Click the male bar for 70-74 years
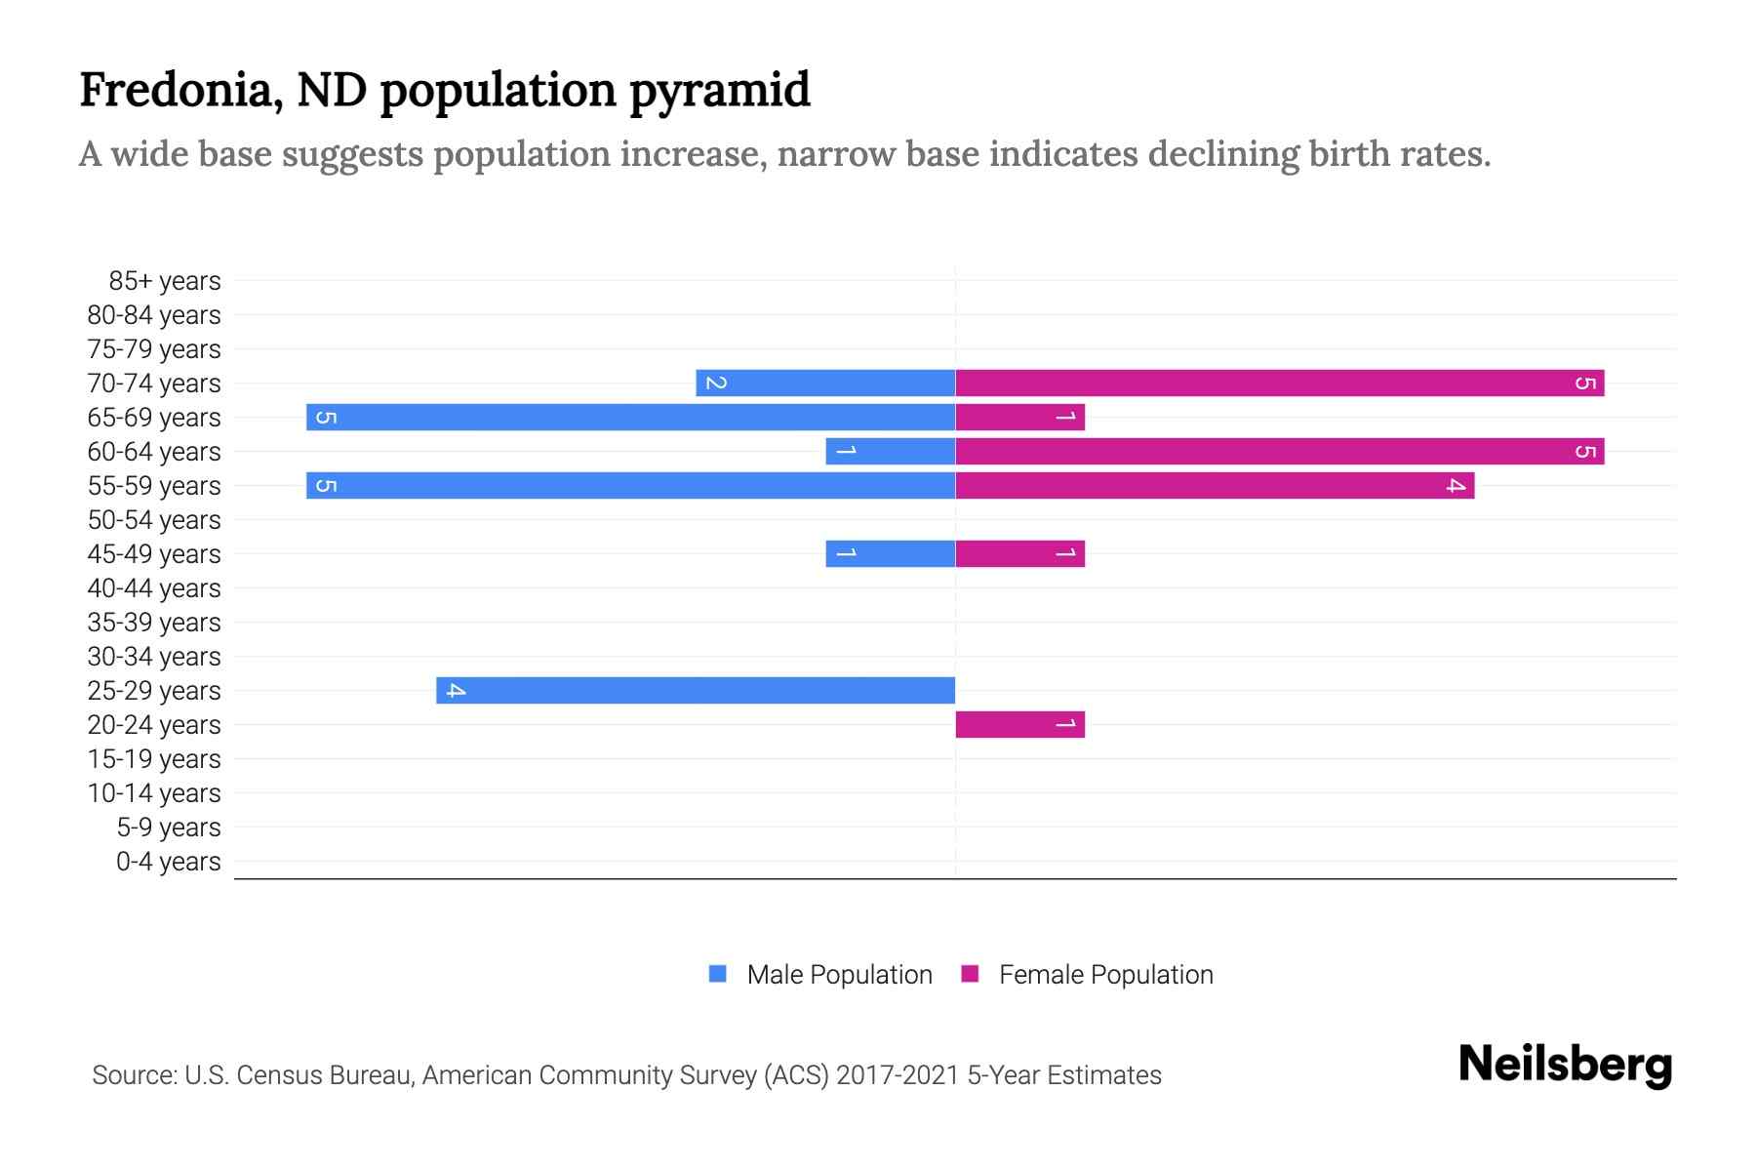pyautogui.click(x=825, y=383)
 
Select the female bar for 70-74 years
pyautogui.click(x=1279, y=383)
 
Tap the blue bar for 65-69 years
pyautogui.click(x=630, y=417)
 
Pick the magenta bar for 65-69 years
pyautogui.click(x=1019, y=417)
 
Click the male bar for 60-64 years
pyautogui.click(x=890, y=451)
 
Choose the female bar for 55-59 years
pyautogui.click(x=1215, y=485)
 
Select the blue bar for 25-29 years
pyautogui.click(x=696, y=690)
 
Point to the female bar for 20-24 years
pyautogui.click(x=1019, y=724)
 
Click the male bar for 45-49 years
pyautogui.click(x=890, y=553)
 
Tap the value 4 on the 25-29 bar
pyautogui.click(x=456, y=691)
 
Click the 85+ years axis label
pyautogui.click(x=164, y=281)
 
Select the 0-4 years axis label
pyautogui.click(x=168, y=862)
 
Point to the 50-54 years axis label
pyautogui.click(x=154, y=520)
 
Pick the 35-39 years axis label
pyautogui.click(x=154, y=623)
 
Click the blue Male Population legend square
pyautogui.click(x=718, y=974)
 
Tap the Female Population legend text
pyautogui.click(x=1105, y=974)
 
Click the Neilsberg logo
pyautogui.click(x=1565, y=1065)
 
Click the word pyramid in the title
pyautogui.click(x=719, y=90)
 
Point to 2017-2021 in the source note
pyautogui.click(x=897, y=1075)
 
